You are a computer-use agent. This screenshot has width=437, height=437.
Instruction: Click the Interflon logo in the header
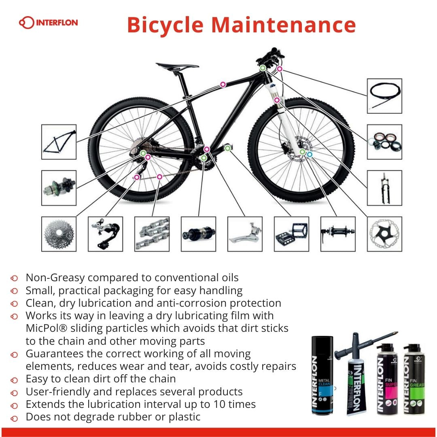click(48, 22)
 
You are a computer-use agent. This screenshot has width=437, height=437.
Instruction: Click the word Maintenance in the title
click(283, 25)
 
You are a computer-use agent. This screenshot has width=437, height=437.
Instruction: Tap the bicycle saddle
click(177, 66)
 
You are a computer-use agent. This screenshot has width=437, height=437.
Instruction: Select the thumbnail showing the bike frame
click(59, 142)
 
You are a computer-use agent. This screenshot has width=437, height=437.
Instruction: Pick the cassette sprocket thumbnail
click(59, 234)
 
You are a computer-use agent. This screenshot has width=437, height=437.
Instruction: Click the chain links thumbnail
click(152, 234)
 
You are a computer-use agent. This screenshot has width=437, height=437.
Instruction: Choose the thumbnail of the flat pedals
click(291, 234)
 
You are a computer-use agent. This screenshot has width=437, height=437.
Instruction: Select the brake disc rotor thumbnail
click(384, 234)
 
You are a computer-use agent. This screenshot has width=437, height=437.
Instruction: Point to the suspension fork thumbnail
click(384, 188)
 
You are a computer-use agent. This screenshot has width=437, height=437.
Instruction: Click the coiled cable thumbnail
click(384, 96)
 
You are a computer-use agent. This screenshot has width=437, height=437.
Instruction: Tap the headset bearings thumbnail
click(384, 142)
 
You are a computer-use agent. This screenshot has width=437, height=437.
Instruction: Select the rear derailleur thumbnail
click(105, 234)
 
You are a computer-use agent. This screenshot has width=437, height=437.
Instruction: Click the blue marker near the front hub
click(310, 154)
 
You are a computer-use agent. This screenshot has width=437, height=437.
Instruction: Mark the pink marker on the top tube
click(223, 84)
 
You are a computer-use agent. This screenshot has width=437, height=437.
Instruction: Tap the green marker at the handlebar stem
click(263, 68)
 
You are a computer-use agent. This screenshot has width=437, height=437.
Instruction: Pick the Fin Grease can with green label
click(414, 379)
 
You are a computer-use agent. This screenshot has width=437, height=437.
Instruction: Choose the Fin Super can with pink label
click(387, 379)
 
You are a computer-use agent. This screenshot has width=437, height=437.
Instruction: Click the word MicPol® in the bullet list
click(47, 328)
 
